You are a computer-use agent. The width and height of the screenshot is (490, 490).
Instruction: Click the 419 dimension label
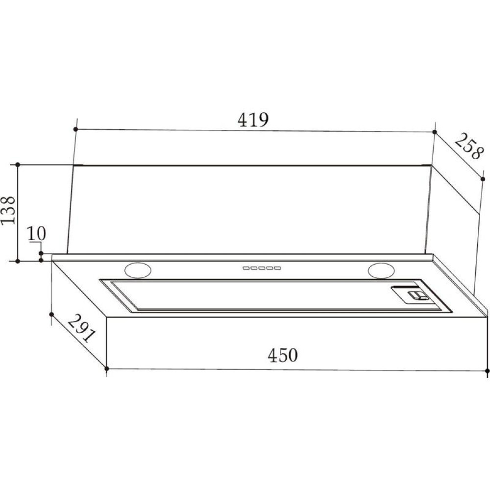pos(253,120)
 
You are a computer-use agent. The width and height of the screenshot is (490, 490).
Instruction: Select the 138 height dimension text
pos(8,210)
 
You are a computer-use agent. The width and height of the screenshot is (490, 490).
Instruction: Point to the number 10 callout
pos(36,233)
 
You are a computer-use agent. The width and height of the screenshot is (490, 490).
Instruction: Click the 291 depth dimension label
pos(81,328)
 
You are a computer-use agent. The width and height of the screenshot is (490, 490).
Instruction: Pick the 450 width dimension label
pos(283,355)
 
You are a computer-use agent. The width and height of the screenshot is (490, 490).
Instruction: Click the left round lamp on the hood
pos(138,270)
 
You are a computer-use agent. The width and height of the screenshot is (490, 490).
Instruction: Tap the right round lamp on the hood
pos(381,270)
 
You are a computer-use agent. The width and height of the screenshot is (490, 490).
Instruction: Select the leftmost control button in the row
pos(246,268)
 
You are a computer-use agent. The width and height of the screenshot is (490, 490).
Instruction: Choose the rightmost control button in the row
pos(278,268)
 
